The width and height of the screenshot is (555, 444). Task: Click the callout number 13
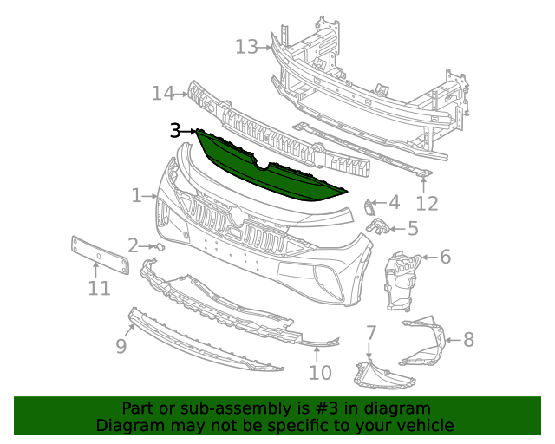coord(246,46)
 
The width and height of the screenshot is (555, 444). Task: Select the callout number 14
coord(162,93)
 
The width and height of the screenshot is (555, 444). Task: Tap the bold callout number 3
coord(175,131)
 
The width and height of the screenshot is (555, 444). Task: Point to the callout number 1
coord(136,196)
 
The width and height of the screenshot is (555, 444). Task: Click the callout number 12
coord(427,204)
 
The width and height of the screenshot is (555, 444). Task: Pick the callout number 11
coord(99,287)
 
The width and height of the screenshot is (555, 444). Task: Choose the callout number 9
coord(121,346)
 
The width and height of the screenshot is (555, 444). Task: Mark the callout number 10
coord(320,373)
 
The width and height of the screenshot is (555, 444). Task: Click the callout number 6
coord(445,257)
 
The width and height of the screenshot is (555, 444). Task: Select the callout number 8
coord(468,339)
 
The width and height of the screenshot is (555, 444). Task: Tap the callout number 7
coord(370,332)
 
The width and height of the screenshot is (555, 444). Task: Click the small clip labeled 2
coord(160,246)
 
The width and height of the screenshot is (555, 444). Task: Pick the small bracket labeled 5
coord(378,226)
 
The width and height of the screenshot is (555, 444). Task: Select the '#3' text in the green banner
coord(312,408)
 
